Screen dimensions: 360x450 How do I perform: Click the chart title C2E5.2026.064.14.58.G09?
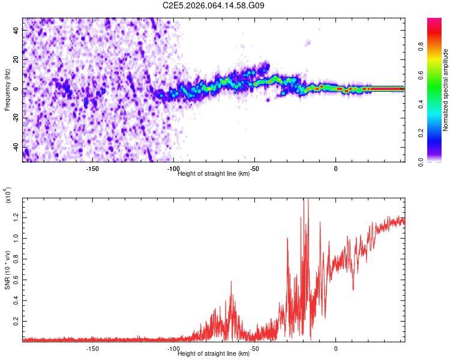[214, 6]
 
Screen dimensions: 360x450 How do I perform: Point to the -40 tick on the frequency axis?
[15, 147]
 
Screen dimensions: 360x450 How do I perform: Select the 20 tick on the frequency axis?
[17, 59]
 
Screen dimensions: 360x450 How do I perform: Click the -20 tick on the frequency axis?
[15, 118]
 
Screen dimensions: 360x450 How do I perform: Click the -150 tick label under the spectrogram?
[92, 169]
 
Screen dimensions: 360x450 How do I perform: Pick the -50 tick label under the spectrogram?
[254, 169]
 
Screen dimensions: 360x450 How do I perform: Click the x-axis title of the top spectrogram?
[214, 174]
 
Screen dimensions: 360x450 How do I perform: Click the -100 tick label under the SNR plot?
[173, 349]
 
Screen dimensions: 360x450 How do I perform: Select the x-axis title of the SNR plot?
[214, 354]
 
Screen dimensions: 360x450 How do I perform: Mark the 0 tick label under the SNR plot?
[335, 349]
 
